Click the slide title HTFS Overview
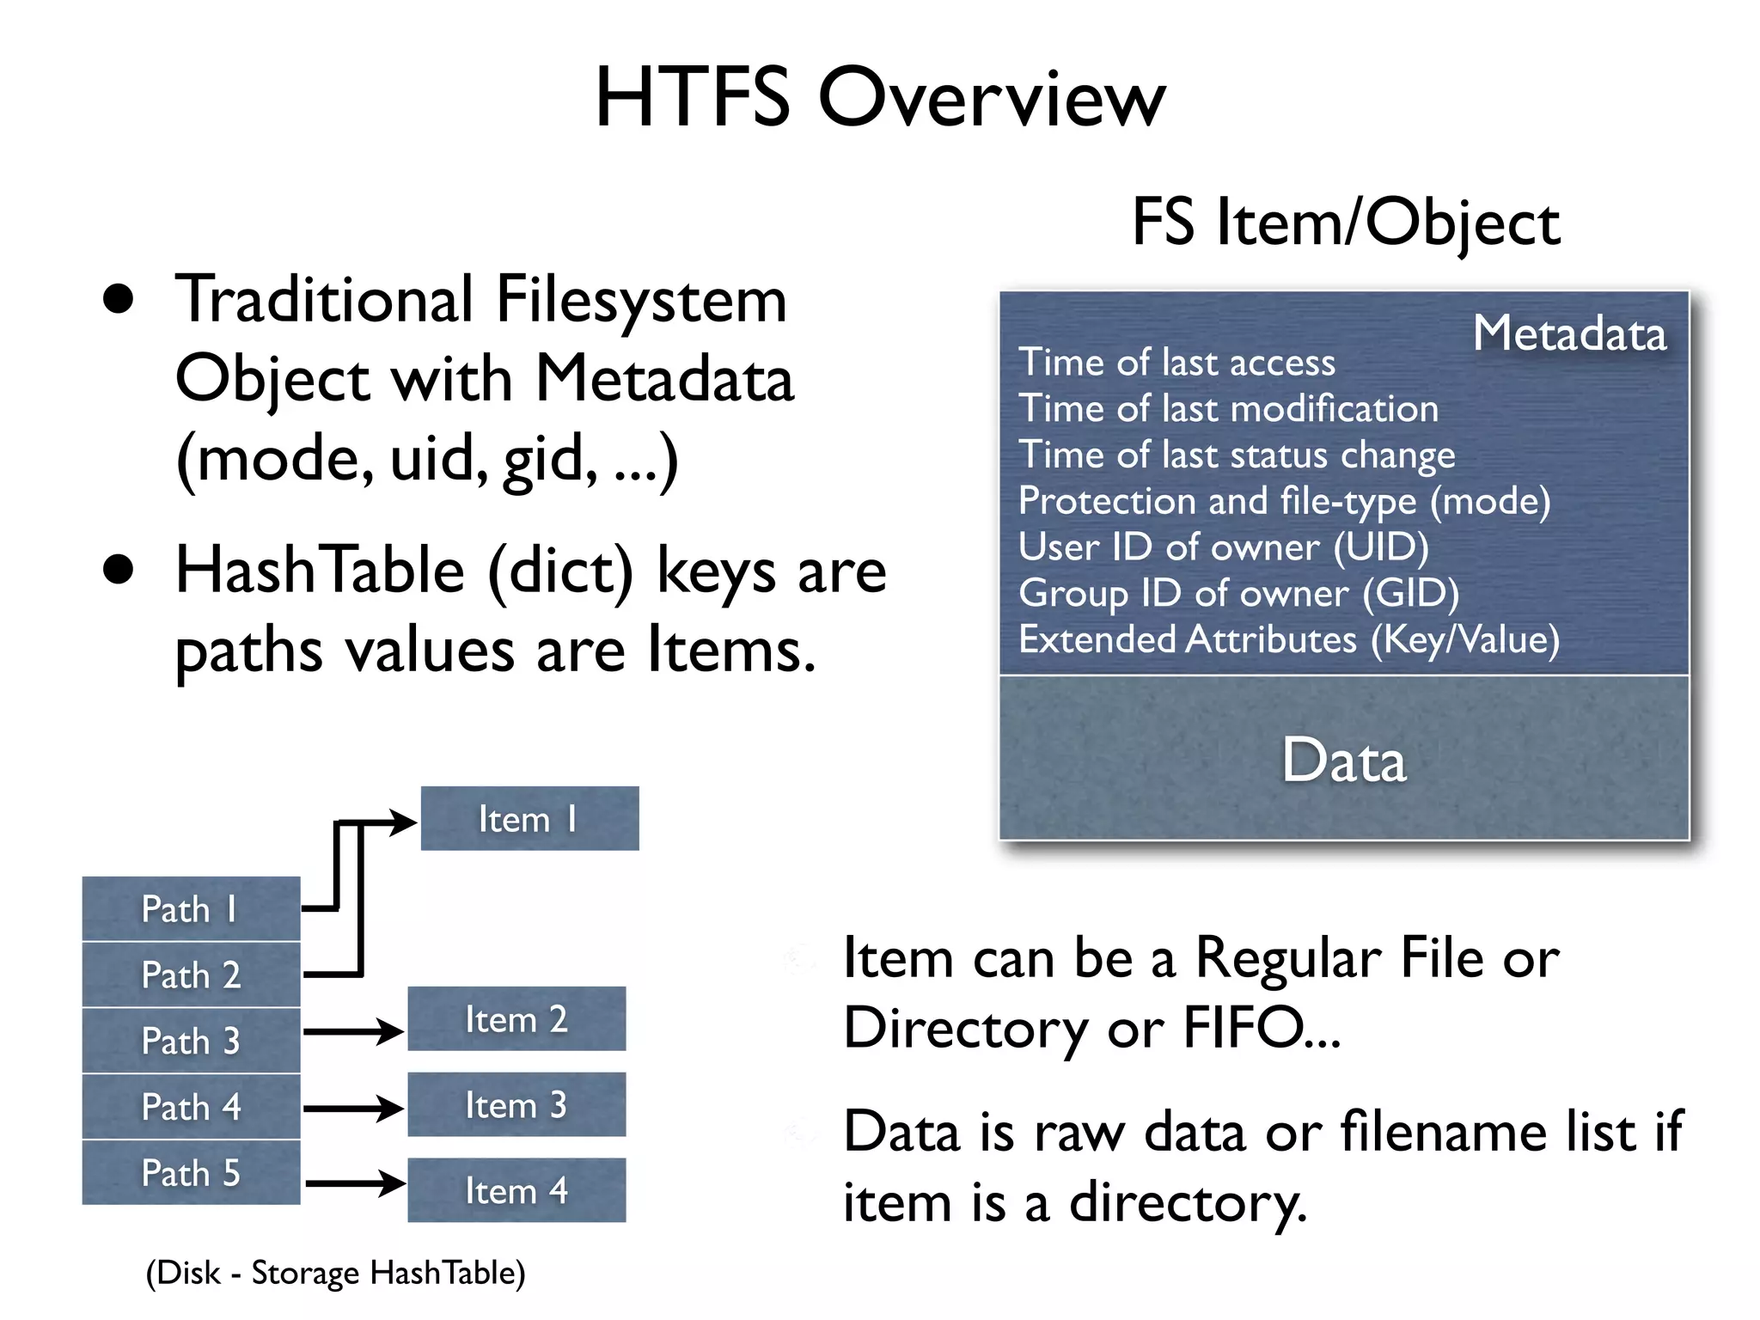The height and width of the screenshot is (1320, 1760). pos(880,98)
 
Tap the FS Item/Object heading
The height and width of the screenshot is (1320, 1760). pos(1345,222)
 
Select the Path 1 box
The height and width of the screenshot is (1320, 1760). pos(191,909)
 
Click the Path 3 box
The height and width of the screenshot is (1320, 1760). pos(191,1041)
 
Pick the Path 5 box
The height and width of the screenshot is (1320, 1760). pos(191,1173)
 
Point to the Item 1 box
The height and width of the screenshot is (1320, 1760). pos(529,819)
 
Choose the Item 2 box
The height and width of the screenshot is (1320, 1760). pos(516,1019)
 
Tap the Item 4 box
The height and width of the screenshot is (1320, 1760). pos(516,1190)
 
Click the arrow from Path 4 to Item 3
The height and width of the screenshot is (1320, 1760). pos(352,1108)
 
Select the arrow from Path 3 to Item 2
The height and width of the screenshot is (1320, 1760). pos(352,1030)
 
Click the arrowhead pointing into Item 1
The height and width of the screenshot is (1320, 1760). pos(403,822)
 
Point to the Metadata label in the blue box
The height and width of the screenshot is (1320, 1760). pos(1569,333)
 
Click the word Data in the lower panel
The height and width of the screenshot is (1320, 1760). pos(1344,761)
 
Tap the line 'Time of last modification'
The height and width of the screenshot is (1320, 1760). pos(1228,408)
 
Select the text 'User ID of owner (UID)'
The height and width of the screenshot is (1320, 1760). pos(1223,547)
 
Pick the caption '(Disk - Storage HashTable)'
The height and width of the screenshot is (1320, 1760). pos(335,1273)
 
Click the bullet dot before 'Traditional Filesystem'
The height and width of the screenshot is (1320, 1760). pos(119,299)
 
